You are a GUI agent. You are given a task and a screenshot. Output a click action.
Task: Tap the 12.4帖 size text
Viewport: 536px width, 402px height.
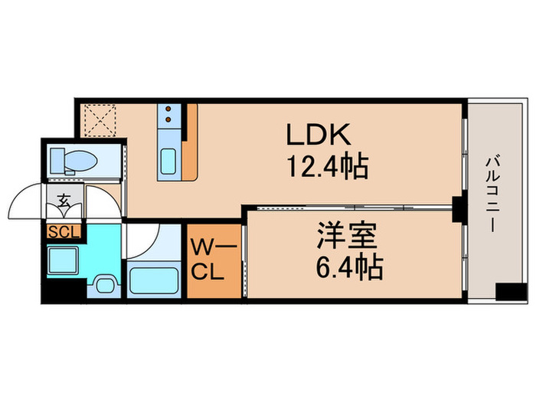click(327, 165)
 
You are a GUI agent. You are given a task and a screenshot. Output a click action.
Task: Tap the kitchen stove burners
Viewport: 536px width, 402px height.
click(168, 115)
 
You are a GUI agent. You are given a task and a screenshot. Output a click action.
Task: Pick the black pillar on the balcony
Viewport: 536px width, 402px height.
click(505, 293)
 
